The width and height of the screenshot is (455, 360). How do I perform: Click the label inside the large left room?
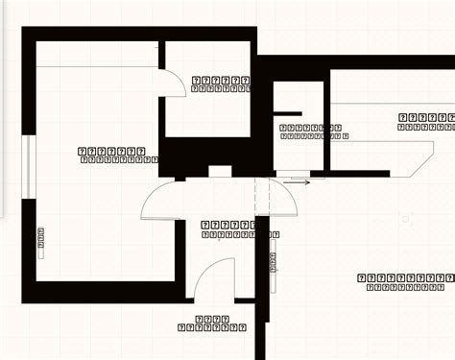111,156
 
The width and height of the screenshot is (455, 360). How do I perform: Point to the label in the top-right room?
425,122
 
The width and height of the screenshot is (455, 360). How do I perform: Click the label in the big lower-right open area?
400,281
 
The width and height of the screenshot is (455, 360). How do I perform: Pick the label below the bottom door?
211,324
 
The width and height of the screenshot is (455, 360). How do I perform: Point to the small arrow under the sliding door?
299,180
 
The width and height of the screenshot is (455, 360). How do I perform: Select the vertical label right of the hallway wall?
274,270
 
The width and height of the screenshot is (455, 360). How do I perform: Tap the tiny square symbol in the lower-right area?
406,219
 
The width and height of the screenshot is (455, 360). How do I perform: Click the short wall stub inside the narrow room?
289,114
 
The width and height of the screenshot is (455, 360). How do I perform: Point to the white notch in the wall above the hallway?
220,172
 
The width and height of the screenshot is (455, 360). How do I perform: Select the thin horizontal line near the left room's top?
96,66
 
